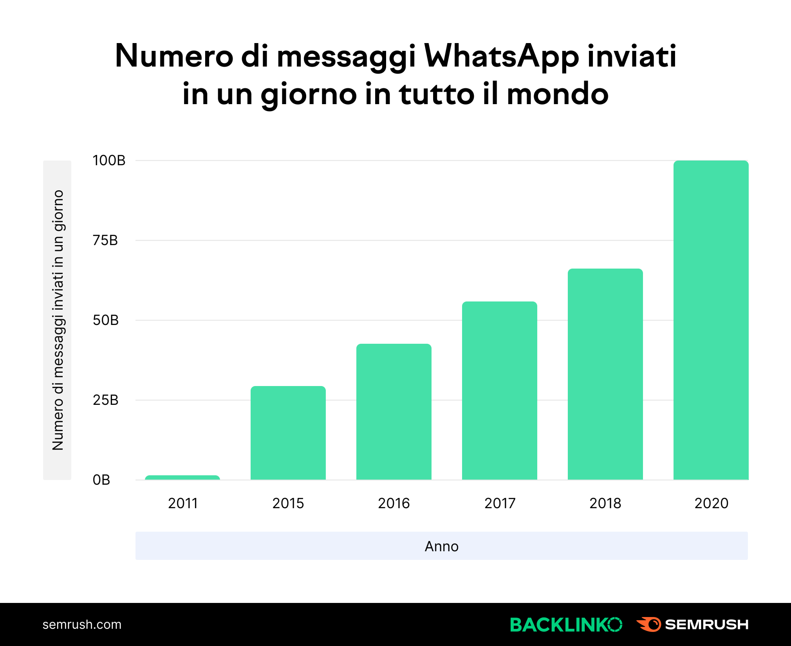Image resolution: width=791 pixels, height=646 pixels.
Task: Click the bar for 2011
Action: [182, 477]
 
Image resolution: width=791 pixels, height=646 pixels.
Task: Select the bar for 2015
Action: [288, 433]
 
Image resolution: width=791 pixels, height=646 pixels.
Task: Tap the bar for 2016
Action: [394, 411]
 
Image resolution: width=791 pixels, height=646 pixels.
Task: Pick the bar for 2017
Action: [500, 390]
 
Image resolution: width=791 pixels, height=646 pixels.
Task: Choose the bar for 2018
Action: [605, 374]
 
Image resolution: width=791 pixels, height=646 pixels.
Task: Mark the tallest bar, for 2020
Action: [711, 320]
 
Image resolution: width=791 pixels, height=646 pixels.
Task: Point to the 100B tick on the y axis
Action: [109, 161]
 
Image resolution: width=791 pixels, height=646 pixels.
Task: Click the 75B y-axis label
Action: [105, 240]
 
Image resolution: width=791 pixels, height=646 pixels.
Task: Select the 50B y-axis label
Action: [105, 320]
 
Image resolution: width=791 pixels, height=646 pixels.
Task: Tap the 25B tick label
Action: [105, 400]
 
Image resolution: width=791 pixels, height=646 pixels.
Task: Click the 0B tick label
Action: [101, 480]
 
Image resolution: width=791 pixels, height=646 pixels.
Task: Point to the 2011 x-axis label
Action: [182, 503]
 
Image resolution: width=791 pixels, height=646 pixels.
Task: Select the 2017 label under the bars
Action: [500, 503]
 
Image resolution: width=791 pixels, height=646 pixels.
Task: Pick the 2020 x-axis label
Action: [711, 503]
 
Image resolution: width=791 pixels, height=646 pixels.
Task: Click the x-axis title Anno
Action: [441, 546]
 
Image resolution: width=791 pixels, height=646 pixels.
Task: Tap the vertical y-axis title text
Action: [58, 320]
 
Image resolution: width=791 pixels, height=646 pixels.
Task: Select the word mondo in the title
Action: [558, 94]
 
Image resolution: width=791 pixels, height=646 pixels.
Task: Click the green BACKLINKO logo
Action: [566, 624]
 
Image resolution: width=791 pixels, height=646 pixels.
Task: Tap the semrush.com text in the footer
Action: [82, 624]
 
